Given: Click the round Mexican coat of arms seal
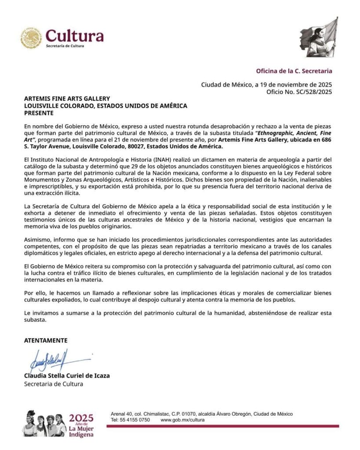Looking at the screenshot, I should click(x=31, y=38).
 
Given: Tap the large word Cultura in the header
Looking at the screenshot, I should click(x=75, y=36).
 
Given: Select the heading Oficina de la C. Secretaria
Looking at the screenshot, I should click(x=294, y=71).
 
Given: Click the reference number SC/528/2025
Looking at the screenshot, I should click(x=313, y=92).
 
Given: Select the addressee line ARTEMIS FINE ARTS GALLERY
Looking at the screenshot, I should click(x=67, y=98).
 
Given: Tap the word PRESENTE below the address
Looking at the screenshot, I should click(x=39, y=112).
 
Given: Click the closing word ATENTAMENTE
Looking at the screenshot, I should click(x=46, y=340).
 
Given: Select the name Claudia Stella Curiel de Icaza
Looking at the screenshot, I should click(x=66, y=376).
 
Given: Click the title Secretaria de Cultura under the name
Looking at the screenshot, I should click(x=53, y=384).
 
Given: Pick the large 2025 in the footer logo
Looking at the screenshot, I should click(x=81, y=417).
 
